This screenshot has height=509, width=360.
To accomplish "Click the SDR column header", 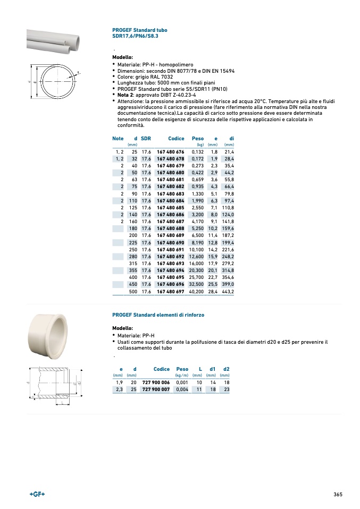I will [146, 139].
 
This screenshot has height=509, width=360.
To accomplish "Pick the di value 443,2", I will [228, 292].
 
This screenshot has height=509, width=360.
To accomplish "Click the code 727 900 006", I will [156, 383].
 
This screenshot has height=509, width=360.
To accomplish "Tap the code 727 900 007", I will [156, 389].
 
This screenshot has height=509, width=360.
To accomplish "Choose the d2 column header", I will [227, 369].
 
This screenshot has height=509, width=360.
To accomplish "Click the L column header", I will [200, 369].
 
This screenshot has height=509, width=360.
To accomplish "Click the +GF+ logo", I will [37, 494].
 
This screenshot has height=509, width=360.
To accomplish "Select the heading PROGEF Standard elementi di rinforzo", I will [158, 315].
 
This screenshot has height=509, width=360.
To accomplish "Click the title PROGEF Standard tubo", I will [139, 30].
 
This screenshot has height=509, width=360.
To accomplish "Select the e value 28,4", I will [213, 292].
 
